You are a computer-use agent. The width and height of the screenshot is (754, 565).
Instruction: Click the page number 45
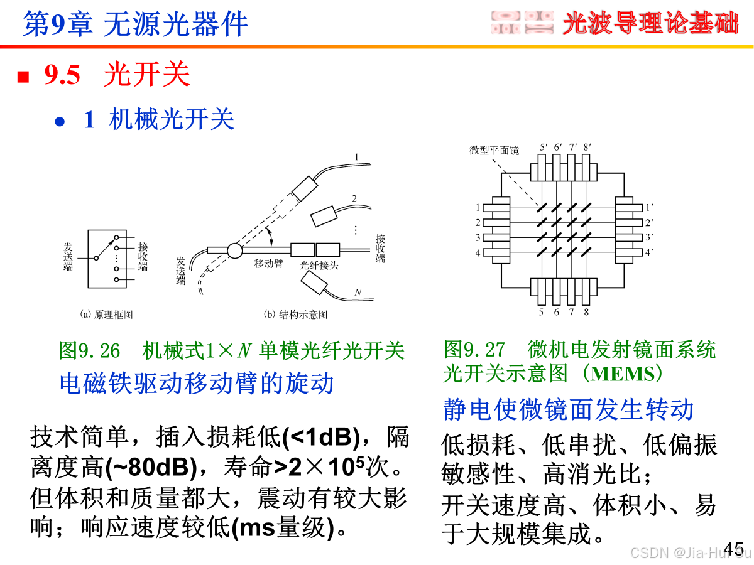[734, 547]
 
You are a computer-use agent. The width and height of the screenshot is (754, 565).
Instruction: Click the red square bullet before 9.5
[24, 77]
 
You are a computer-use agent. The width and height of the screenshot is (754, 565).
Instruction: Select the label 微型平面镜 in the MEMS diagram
[494, 151]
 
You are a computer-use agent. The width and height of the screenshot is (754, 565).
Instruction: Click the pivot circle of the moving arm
[234, 250]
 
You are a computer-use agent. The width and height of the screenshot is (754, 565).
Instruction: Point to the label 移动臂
[268, 264]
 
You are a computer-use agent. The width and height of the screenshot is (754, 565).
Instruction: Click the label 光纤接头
[319, 265]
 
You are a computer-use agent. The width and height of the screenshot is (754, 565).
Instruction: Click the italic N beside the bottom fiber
[358, 292]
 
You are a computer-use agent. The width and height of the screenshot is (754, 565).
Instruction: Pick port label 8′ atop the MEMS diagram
[587, 148]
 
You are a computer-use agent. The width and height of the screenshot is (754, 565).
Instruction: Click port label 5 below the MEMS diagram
[542, 312]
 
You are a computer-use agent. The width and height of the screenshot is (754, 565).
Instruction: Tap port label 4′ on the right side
[648, 253]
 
